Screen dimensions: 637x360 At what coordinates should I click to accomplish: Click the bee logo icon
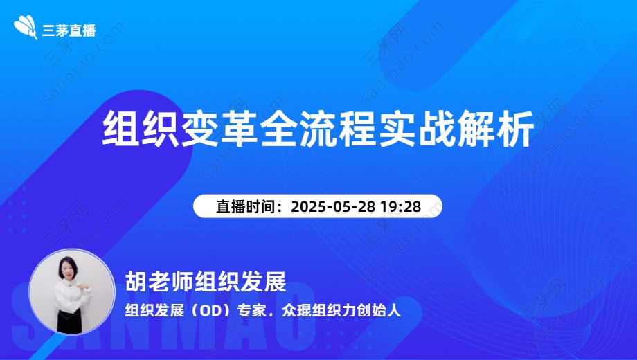(x=26, y=27)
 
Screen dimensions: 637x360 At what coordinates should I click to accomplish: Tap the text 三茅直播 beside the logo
(x=69, y=30)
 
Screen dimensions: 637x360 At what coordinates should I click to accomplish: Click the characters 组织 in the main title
(x=141, y=129)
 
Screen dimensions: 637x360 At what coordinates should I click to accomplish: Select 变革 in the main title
(x=219, y=129)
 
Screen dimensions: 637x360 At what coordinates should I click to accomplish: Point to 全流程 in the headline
(x=319, y=129)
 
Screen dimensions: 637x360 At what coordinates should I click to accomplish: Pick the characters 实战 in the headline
(x=418, y=129)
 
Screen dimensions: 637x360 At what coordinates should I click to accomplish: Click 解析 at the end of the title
(x=496, y=129)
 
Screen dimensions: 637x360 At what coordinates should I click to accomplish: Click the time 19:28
(x=400, y=206)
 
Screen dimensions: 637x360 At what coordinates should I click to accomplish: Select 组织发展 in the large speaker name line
(x=240, y=282)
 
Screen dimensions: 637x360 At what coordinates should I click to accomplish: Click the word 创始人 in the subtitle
(x=379, y=311)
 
